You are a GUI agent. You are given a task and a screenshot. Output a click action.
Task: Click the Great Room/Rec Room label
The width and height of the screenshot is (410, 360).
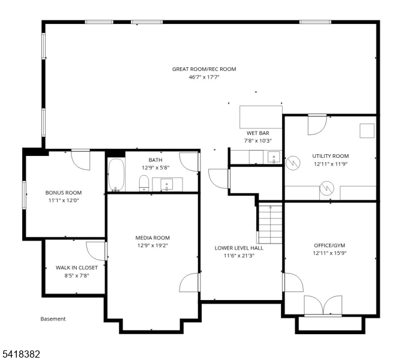(x=204, y=69)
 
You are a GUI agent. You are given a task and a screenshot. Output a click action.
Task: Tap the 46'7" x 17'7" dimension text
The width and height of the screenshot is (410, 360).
(x=204, y=77)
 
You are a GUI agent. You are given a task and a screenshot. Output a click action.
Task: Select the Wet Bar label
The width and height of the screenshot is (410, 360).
(x=256, y=133)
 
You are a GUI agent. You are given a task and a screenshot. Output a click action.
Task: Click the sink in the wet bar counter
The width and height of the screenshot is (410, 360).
(x=274, y=158)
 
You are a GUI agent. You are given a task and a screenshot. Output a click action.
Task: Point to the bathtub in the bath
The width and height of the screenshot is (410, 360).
(x=116, y=174)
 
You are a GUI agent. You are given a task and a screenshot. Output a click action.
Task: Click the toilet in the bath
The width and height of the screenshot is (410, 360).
(x=144, y=183)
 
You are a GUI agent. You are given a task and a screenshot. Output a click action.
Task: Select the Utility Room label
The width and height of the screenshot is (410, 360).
(x=330, y=155)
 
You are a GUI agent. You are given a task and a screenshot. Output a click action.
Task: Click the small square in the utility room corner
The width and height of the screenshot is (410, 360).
(x=366, y=131)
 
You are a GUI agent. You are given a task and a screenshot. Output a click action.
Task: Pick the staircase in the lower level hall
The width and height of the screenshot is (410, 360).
(x=270, y=224)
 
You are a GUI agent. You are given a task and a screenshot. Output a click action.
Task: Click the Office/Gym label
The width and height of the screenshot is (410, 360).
(x=330, y=245)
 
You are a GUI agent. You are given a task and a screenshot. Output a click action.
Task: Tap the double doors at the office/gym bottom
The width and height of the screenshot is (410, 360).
(x=323, y=305)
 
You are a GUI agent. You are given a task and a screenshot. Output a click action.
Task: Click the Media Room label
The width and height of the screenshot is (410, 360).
(x=152, y=238)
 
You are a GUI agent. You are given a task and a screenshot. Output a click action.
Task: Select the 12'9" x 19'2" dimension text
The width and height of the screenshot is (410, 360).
(x=152, y=245)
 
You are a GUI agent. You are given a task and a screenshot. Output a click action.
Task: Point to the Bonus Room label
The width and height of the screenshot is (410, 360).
(x=63, y=193)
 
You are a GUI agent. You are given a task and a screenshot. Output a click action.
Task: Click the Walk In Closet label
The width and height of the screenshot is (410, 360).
(x=76, y=268)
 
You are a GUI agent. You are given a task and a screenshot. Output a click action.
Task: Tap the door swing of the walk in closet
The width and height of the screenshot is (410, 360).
(x=96, y=250)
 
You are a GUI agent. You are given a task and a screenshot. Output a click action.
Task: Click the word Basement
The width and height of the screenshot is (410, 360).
(x=53, y=319)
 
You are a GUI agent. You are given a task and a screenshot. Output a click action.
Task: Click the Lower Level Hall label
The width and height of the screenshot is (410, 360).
(x=239, y=248)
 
